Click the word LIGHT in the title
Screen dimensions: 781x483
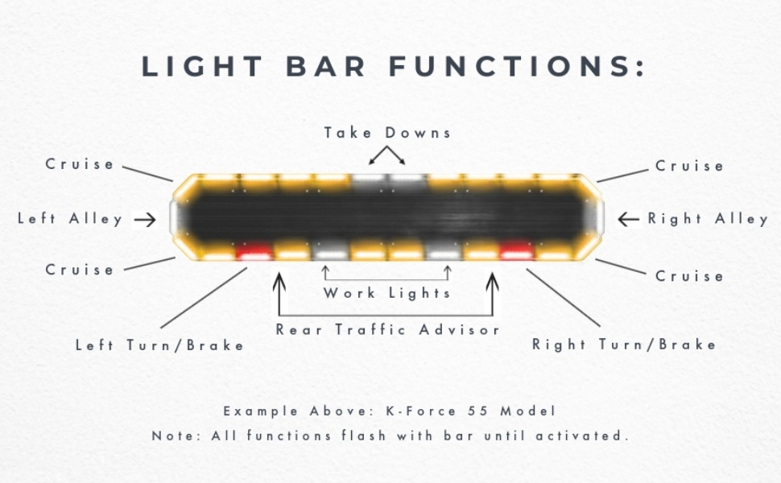pyautogui.click(x=202, y=66)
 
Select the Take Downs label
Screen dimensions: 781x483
pyautogui.click(x=387, y=133)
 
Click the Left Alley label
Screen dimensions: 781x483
pyautogui.click(x=70, y=219)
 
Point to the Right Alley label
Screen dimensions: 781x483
pyautogui.click(x=708, y=219)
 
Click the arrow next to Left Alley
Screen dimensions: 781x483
pyautogui.click(x=145, y=219)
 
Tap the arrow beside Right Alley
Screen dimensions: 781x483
pyautogui.click(x=628, y=219)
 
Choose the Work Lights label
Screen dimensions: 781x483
pyautogui.click(x=387, y=293)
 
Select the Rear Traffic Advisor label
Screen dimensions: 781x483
pyautogui.click(x=387, y=329)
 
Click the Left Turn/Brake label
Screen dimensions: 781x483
pyautogui.click(x=160, y=345)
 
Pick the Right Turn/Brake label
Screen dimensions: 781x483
pyautogui.click(x=624, y=344)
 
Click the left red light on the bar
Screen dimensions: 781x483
pyautogui.click(x=254, y=251)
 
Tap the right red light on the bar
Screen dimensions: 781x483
pyautogui.click(x=517, y=251)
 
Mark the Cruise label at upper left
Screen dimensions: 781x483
pyautogui.click(x=80, y=164)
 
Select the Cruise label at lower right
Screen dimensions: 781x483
pyautogui.click(x=689, y=276)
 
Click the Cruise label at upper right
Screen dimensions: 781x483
pyautogui.click(x=689, y=166)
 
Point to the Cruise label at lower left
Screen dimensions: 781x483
pyautogui.click(x=80, y=270)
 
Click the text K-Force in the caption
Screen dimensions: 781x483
pyautogui.click(x=421, y=411)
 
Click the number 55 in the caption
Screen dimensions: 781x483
pyautogui.click(x=478, y=411)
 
